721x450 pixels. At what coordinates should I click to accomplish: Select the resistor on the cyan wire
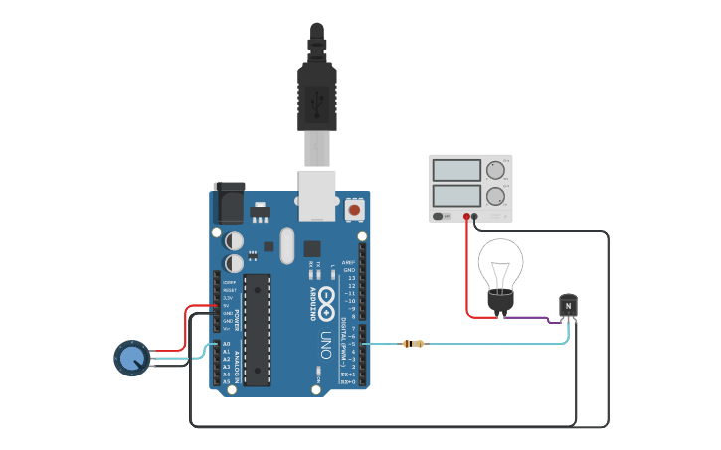[x=413, y=344]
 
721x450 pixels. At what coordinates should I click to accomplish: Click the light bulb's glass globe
[x=500, y=262]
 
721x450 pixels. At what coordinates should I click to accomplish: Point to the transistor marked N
[x=568, y=306]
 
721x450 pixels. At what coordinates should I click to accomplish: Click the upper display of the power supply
[x=456, y=170]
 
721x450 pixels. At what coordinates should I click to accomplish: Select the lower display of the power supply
[x=456, y=195]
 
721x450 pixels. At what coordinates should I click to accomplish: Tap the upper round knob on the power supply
[x=495, y=170]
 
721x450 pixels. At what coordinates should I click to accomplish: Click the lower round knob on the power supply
[x=495, y=195]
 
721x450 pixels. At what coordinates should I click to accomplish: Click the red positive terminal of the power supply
[x=465, y=216]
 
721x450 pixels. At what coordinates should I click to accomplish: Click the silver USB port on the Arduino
[x=317, y=193]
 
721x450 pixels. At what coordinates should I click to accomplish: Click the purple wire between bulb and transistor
[x=527, y=319]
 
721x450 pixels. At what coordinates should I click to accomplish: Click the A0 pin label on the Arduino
[x=226, y=343]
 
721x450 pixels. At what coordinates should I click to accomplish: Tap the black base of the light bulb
[x=499, y=301]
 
